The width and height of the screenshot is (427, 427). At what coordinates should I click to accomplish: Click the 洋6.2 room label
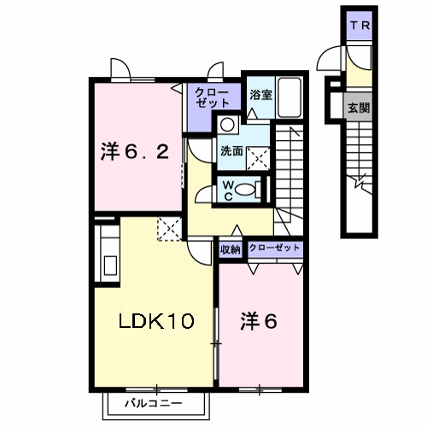click(x=135, y=152)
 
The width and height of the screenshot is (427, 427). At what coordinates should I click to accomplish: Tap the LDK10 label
click(x=156, y=321)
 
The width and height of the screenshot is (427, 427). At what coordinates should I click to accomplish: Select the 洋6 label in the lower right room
click(x=259, y=321)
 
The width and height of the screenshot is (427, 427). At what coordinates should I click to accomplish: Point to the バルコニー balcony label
click(x=154, y=403)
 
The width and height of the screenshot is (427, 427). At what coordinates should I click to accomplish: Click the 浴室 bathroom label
click(x=260, y=95)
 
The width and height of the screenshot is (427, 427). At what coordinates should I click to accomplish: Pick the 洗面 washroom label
click(x=231, y=151)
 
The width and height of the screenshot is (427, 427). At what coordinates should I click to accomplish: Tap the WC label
click(x=228, y=191)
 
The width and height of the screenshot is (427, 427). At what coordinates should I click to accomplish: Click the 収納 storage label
click(x=231, y=249)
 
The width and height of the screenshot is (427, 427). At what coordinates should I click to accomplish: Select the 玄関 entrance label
click(x=359, y=108)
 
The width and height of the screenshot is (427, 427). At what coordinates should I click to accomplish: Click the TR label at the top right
click(x=360, y=26)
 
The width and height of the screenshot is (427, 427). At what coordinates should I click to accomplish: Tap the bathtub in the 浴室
click(x=290, y=97)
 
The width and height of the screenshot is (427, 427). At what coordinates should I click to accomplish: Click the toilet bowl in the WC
click(x=245, y=190)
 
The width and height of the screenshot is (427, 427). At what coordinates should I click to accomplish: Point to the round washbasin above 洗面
click(x=227, y=125)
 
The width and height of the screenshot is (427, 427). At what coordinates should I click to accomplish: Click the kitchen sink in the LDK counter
click(x=110, y=266)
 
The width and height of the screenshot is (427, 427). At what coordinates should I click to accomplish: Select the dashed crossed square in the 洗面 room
click(x=258, y=159)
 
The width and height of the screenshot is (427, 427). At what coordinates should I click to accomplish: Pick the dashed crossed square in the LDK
click(x=170, y=229)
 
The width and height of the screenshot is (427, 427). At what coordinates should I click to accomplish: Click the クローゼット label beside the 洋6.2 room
click(x=212, y=97)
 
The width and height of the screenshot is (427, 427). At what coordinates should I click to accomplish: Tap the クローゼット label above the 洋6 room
click(x=274, y=248)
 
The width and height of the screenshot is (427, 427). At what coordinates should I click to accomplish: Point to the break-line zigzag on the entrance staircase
click(x=360, y=181)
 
